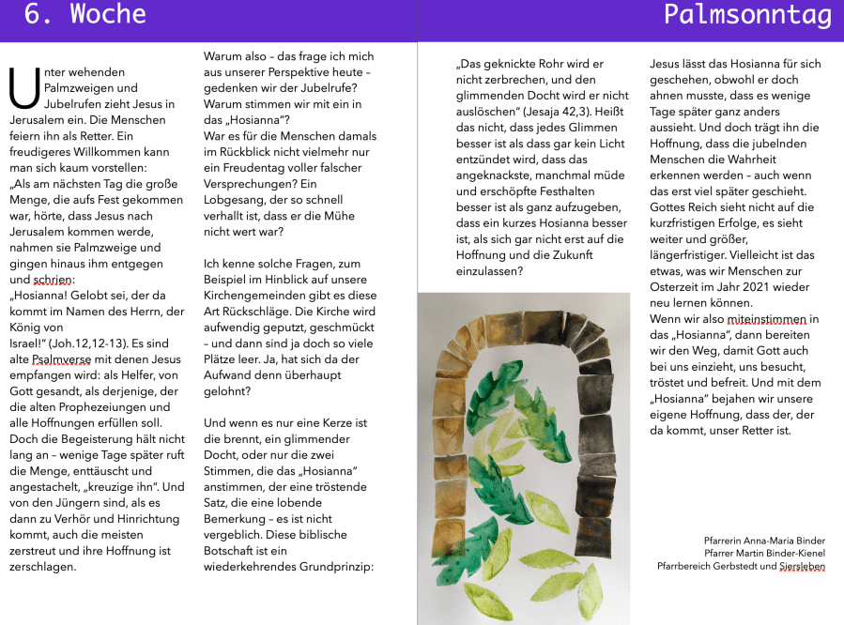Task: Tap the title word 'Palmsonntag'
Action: point(747,15)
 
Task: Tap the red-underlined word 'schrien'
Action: point(52,280)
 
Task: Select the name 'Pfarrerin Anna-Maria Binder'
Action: point(764,541)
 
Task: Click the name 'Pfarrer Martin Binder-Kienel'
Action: point(764,554)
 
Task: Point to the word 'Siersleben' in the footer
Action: point(802,567)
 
